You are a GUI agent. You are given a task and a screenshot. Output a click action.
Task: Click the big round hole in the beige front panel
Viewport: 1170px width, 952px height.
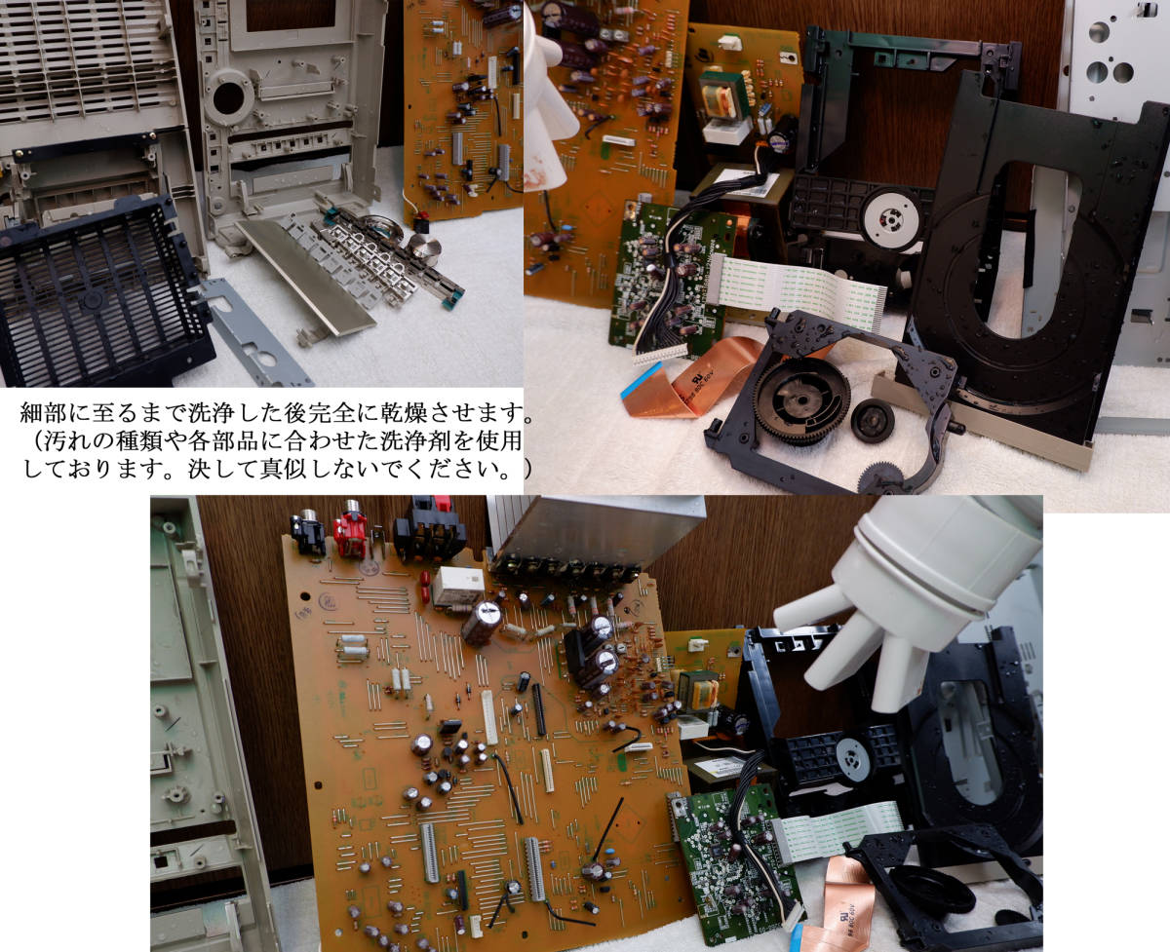[229, 98]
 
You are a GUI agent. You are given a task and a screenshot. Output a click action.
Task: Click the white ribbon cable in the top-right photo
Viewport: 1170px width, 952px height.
[796, 288]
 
